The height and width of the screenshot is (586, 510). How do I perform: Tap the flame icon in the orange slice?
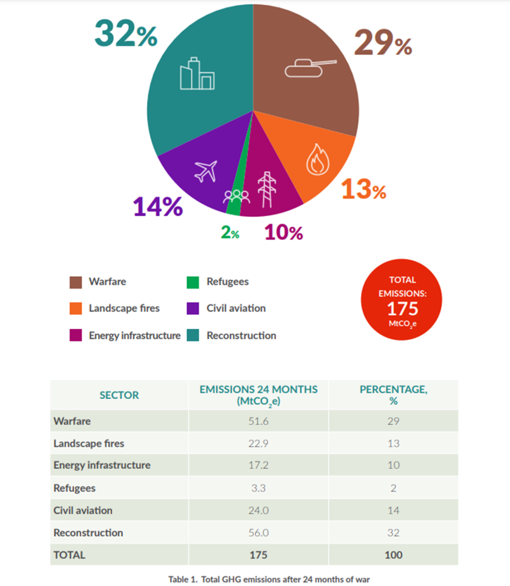pos(317,160)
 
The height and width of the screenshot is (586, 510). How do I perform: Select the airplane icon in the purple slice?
pos(206,171)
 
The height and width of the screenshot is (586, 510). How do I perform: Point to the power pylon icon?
pos(267,189)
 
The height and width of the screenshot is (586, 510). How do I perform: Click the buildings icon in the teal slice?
pos(197,74)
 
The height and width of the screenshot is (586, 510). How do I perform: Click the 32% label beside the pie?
pos(126,34)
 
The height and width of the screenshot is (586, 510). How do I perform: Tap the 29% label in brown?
pos(382,43)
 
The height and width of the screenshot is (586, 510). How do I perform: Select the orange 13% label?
pos(363,189)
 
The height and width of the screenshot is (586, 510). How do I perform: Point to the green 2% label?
pos(230,232)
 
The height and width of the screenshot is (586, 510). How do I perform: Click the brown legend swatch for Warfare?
pos(76,282)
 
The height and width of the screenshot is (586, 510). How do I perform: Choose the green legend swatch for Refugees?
pos(193,282)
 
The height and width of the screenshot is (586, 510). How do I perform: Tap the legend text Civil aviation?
pos(236,308)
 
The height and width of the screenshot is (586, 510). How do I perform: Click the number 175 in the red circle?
pos(402,309)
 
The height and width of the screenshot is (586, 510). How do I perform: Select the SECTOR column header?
pos(119,395)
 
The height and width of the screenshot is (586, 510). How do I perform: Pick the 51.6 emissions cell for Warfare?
pos(258,421)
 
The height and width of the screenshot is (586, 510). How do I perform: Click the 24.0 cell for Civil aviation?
pos(258,511)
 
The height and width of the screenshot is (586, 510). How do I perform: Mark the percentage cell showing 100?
pos(393,555)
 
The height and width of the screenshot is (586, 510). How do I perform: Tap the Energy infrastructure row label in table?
pos(102,465)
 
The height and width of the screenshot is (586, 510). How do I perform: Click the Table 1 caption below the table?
pos(269,579)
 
